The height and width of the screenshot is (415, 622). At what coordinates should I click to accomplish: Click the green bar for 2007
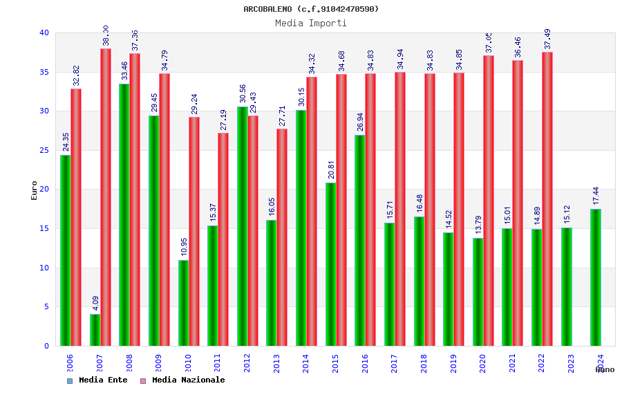(95, 330)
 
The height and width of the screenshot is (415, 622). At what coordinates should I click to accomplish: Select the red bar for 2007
(106, 197)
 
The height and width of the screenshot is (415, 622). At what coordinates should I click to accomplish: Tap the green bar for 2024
(596, 277)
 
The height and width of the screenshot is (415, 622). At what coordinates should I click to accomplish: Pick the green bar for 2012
(242, 226)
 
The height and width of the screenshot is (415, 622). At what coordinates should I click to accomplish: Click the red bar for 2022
(547, 199)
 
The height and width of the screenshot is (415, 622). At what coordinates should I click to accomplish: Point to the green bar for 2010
(183, 303)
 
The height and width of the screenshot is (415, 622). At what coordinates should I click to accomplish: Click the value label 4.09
(95, 302)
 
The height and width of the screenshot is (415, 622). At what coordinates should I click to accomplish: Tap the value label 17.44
(596, 196)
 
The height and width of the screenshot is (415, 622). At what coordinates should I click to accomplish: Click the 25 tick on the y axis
(44, 150)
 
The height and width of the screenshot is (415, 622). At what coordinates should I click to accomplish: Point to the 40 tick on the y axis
(44, 33)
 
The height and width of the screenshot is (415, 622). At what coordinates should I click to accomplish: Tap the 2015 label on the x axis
(336, 364)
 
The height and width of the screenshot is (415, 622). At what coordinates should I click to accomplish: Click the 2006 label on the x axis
(70, 364)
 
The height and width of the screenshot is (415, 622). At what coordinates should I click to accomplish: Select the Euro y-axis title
(35, 190)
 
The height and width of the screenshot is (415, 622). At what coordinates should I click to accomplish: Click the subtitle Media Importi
(311, 23)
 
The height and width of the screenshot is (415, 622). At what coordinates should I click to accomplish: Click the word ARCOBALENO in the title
(267, 9)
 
